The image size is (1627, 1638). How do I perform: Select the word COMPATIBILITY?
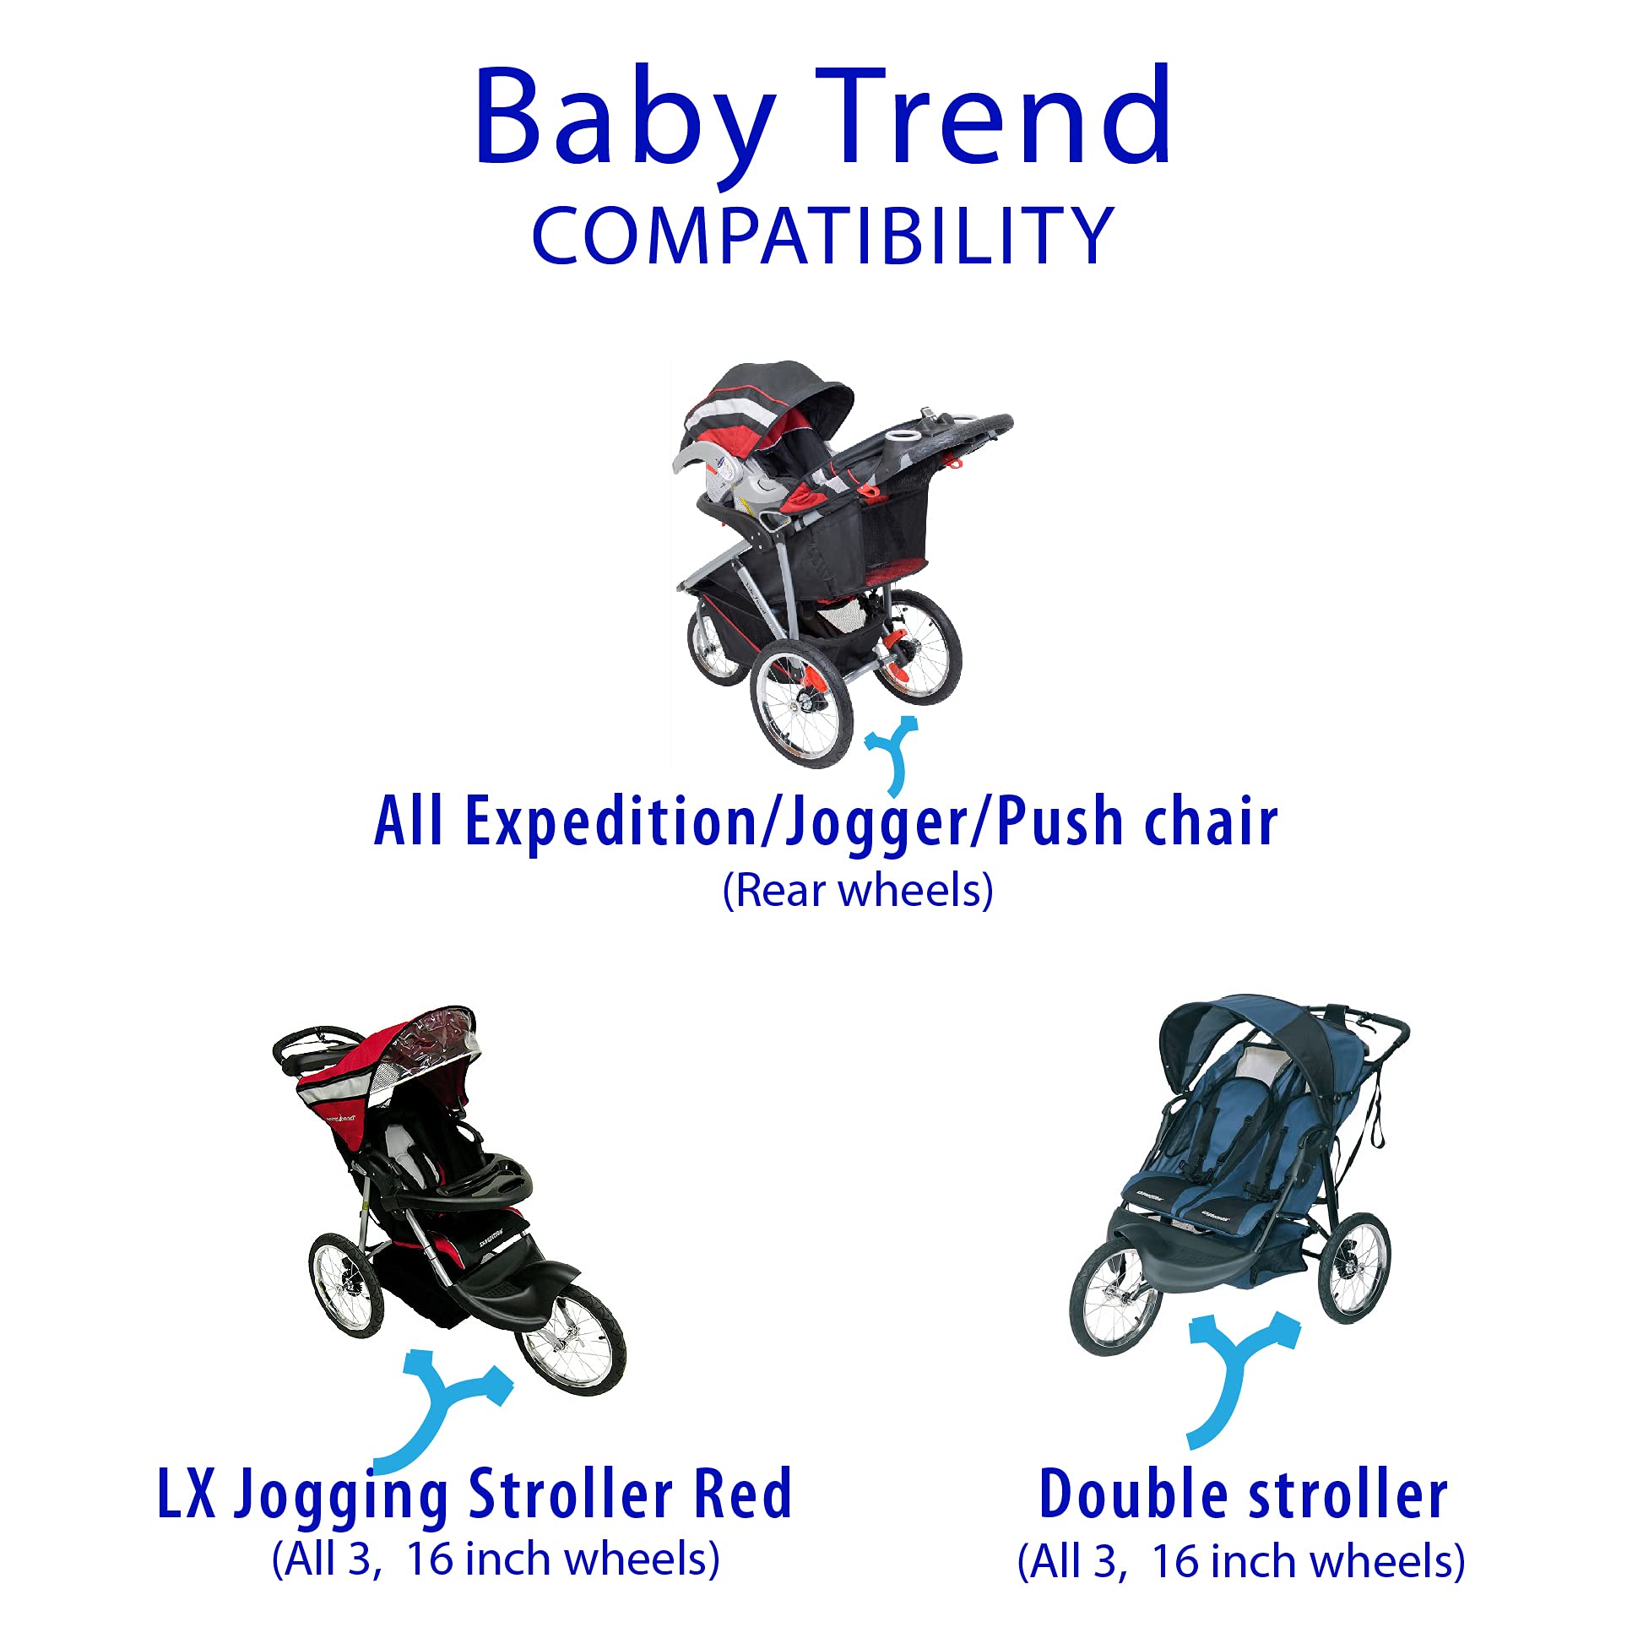(x=822, y=235)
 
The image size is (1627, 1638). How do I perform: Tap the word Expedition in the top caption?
(x=610, y=822)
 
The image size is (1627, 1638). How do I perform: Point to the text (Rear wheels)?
(x=857, y=891)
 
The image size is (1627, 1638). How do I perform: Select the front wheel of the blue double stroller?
(x=1115, y=1299)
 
